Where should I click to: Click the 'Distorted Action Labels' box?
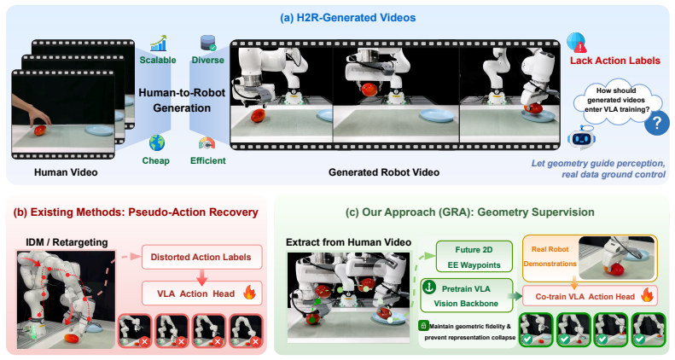[x=202, y=258]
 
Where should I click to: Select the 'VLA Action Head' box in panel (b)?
[x=202, y=293]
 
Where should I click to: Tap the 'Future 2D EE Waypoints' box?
[x=474, y=257]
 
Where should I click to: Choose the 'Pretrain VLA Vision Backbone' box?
[x=466, y=296]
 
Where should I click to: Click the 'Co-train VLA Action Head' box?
[x=590, y=296]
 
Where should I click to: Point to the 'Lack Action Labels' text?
[x=615, y=61]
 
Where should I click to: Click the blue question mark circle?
[x=656, y=123]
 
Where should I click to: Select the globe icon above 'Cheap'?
[x=157, y=142]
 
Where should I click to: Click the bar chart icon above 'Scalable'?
[x=158, y=44]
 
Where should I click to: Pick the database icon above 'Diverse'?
[x=208, y=43]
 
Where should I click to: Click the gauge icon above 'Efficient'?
[x=207, y=143]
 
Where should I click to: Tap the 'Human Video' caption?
[x=66, y=172]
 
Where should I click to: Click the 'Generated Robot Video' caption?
[x=384, y=172]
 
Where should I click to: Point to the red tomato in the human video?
[x=40, y=130]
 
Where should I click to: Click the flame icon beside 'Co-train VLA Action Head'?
[x=647, y=295]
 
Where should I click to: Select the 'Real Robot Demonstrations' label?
[x=550, y=256]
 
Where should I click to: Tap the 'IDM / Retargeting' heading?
[x=67, y=242]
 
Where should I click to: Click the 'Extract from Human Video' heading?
[x=348, y=242]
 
